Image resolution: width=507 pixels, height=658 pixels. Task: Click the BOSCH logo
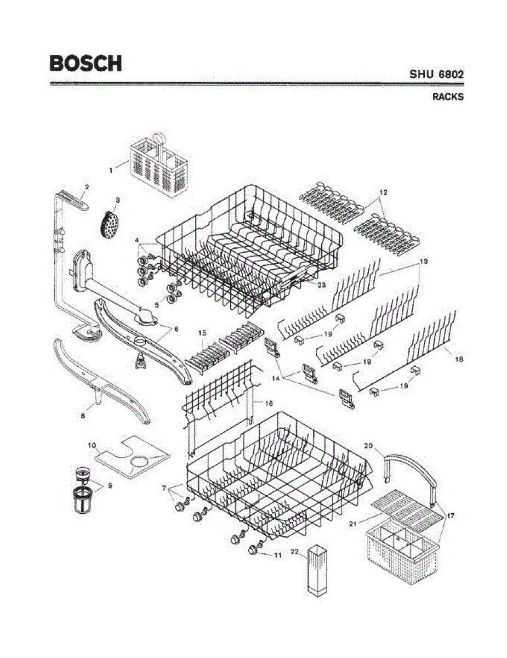[86, 63]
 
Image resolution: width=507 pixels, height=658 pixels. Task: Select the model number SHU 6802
[437, 74]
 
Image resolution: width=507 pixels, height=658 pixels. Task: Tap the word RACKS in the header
[448, 97]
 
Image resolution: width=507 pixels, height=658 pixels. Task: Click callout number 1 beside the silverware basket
[111, 171]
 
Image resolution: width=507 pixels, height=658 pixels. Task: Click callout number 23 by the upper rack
[321, 285]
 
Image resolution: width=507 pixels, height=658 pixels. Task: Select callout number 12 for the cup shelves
[383, 192]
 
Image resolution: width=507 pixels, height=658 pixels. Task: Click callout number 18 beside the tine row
[459, 359]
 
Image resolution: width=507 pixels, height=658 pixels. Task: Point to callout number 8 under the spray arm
[83, 416]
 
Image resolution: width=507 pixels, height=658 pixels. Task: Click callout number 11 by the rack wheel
[278, 555]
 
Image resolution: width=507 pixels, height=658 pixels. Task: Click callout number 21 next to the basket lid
[353, 524]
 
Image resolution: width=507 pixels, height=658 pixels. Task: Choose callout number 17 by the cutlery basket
[451, 515]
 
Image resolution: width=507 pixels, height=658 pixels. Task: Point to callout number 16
[269, 402]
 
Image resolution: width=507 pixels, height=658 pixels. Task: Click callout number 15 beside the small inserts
[202, 332]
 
